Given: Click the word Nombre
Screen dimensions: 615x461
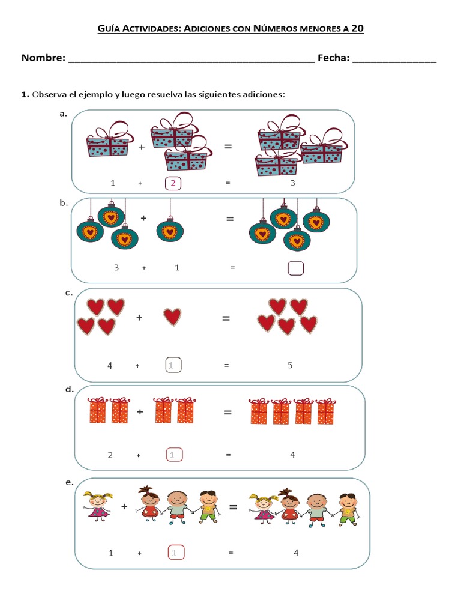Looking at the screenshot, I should tap(43, 58).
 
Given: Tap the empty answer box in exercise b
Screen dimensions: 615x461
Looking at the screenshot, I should tap(296, 268).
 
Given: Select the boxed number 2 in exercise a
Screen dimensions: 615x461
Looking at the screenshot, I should tap(173, 183).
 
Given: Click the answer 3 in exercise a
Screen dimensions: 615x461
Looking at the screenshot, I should tap(293, 183).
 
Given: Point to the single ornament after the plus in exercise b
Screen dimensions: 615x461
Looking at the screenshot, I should tap(170, 231).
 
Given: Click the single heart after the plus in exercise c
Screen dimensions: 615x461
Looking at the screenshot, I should tap(172, 317).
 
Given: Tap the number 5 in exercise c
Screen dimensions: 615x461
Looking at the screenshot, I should tap(290, 365).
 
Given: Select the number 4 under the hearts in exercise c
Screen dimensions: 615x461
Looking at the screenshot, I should tap(110, 365).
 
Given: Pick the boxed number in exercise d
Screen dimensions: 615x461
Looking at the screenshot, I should tap(173, 455).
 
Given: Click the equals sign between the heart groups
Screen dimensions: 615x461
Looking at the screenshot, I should tap(226, 318).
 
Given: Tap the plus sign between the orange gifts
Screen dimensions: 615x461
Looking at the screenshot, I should tap(140, 412).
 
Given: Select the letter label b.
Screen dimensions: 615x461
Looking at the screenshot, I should tap(63, 203).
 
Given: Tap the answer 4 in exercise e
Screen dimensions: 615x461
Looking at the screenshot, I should tap(296, 553).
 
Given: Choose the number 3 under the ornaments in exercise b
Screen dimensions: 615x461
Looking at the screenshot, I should tap(116, 268).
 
